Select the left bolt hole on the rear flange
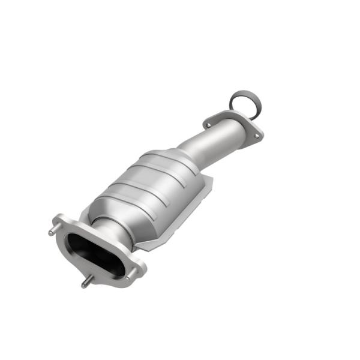(x=208, y=125)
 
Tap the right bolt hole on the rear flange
(x=257, y=136)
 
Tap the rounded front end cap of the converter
(x=96, y=210)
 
